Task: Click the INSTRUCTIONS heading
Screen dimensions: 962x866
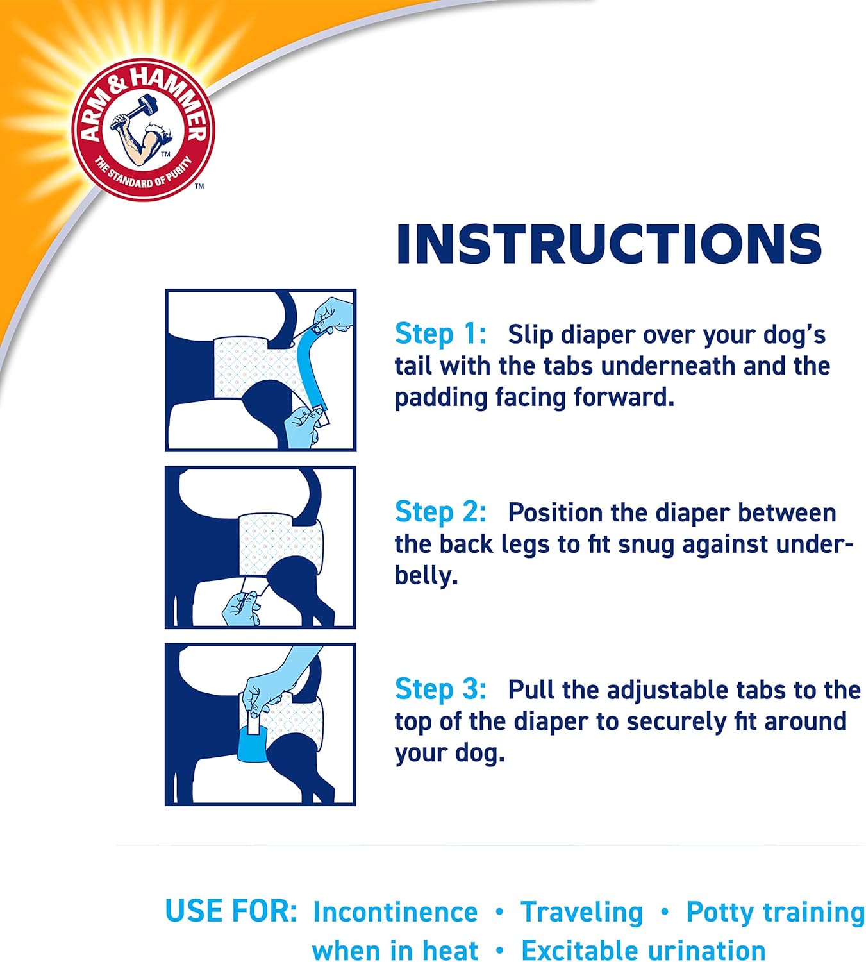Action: pos(608,244)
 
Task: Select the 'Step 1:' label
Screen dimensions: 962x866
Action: pos(440,334)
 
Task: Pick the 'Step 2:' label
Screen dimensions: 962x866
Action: pos(440,512)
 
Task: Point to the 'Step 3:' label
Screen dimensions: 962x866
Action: pos(440,689)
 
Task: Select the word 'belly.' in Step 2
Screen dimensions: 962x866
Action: pos(426,575)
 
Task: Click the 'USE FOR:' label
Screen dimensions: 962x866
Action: pos(231,911)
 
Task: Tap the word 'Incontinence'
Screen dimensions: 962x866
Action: pos(395,912)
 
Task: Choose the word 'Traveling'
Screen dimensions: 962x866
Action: pos(581,912)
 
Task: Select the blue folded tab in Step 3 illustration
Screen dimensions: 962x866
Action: pos(255,745)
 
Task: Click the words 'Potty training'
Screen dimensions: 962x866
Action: pos(775,912)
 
